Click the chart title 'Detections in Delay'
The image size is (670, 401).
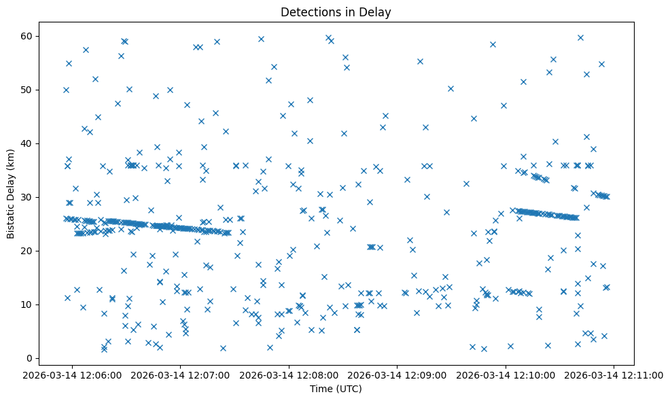pos(336,12)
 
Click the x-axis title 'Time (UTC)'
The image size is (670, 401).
pos(336,389)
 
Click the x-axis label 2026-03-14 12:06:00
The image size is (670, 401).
pos(72,374)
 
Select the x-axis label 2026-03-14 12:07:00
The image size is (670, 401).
pos(181,374)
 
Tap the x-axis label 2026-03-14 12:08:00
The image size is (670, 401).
pos(289,374)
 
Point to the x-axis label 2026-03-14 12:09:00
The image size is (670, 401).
pos(398,374)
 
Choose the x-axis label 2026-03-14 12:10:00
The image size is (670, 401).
pos(506,374)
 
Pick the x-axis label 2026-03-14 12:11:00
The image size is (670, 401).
pos(614,374)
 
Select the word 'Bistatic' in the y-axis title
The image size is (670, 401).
pos(12,219)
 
